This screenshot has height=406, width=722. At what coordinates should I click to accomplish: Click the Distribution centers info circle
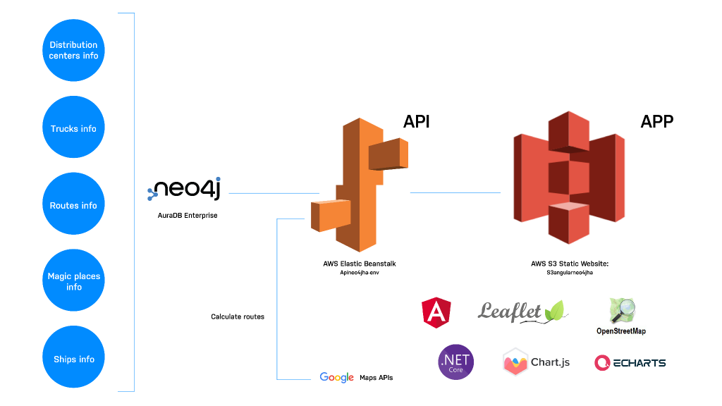tap(73, 50)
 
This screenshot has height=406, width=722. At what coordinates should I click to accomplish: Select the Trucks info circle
tap(73, 128)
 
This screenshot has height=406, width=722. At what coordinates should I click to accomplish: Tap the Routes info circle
tap(73, 204)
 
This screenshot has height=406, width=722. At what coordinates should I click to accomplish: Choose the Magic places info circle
tap(73, 281)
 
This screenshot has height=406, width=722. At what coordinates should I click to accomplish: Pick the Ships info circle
tap(73, 358)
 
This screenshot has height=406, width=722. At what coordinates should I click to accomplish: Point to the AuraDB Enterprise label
tap(188, 216)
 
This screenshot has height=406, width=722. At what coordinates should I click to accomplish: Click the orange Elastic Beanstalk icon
tap(360, 185)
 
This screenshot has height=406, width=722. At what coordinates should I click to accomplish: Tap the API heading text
tap(416, 121)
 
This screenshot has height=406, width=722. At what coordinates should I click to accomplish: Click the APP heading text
tap(656, 121)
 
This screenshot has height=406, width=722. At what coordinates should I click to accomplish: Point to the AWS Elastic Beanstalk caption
tap(360, 264)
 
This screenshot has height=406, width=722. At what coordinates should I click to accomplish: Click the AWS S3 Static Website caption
tap(569, 264)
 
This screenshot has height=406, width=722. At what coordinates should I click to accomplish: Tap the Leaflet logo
tap(522, 311)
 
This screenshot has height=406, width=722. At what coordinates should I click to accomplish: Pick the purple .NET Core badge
tap(455, 362)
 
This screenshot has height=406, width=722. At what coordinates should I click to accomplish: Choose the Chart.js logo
tap(537, 362)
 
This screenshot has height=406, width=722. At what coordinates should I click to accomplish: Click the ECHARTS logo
tap(630, 362)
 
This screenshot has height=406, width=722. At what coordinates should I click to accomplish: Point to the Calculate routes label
tap(238, 316)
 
